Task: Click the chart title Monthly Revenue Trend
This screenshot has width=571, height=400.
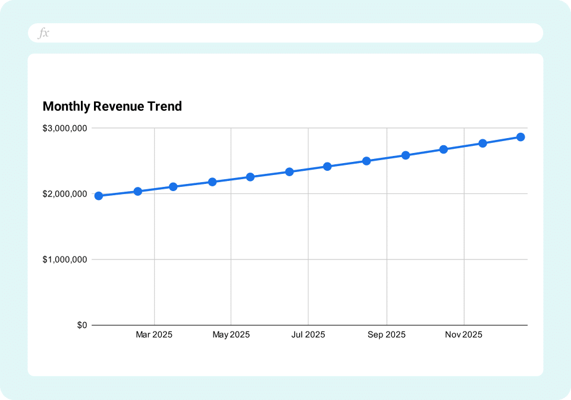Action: (x=112, y=107)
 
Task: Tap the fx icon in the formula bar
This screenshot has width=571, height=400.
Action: (x=43, y=33)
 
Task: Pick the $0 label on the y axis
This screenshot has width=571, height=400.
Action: (x=81, y=326)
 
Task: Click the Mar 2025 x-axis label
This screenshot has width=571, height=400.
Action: (x=154, y=335)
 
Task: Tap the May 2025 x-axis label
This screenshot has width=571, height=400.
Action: (x=231, y=335)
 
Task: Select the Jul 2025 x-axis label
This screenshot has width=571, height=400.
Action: (x=308, y=335)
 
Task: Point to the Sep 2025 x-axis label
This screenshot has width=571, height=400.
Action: (x=387, y=335)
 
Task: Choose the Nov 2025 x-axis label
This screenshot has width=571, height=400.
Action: (x=464, y=335)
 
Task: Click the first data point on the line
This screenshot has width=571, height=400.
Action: (x=99, y=196)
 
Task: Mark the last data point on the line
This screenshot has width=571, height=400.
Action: (x=520, y=137)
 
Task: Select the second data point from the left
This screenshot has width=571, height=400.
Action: (x=138, y=192)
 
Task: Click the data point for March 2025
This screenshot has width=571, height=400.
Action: (x=173, y=187)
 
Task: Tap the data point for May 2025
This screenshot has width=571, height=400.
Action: (x=250, y=177)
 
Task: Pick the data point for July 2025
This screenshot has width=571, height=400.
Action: (x=327, y=167)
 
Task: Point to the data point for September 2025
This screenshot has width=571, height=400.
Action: (x=406, y=155)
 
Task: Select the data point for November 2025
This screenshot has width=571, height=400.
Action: (x=483, y=143)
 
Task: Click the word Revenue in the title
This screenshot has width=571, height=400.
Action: (x=117, y=107)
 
